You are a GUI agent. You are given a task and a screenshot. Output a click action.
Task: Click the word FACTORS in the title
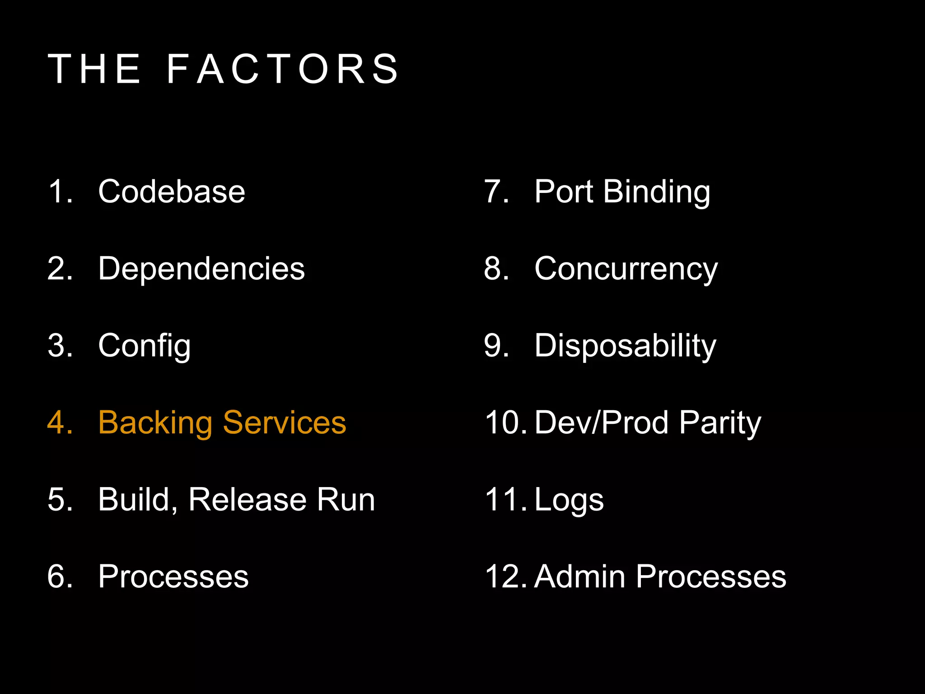click(283, 69)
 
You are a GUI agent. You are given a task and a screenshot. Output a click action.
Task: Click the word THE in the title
click(95, 69)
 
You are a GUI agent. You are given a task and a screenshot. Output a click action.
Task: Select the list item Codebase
click(171, 192)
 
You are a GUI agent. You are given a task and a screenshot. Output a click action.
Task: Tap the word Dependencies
click(201, 268)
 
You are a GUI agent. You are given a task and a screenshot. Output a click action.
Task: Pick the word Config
click(145, 346)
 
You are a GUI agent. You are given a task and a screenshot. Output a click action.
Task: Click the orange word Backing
click(155, 423)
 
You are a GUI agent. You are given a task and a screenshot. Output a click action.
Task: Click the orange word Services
click(285, 423)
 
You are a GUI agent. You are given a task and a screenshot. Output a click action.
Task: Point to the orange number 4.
click(59, 423)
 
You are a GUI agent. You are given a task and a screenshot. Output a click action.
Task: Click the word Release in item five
click(247, 500)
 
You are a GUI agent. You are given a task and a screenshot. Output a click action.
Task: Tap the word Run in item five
click(346, 500)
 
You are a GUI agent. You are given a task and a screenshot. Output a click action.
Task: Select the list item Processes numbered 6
click(173, 577)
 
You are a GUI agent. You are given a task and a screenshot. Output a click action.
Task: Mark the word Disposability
click(625, 346)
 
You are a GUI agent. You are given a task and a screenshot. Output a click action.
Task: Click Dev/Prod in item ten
click(601, 423)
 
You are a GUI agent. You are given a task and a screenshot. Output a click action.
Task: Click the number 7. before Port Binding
click(495, 192)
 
